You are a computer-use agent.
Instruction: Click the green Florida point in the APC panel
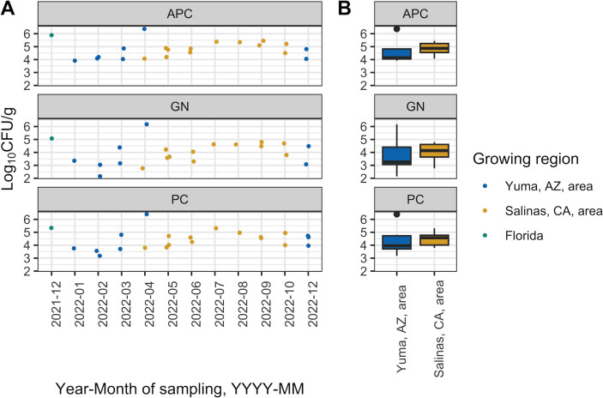[x=51, y=35]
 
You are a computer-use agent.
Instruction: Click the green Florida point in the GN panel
[x=51, y=138]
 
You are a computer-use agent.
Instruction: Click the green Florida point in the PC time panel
[x=51, y=228]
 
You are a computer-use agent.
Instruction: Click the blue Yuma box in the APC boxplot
[x=397, y=54]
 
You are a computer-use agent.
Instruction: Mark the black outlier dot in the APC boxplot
[x=396, y=29]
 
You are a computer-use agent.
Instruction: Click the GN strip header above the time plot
[x=180, y=106]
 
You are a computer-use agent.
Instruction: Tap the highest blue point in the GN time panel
[x=147, y=124]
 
